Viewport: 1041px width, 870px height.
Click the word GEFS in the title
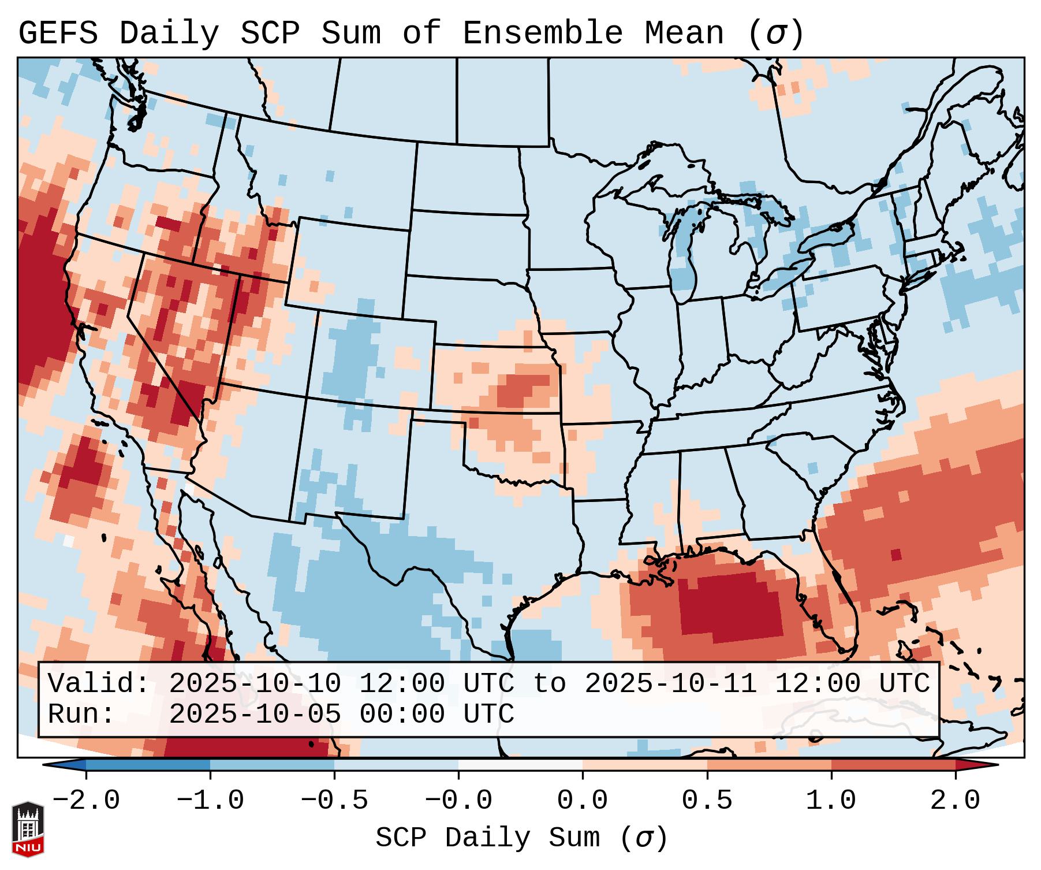[58, 34]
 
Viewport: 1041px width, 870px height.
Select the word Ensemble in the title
[542, 34]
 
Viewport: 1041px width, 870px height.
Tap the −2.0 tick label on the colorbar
[86, 801]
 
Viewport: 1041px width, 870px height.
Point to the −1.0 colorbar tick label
[210, 801]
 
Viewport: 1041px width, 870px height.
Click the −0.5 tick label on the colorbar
[334, 801]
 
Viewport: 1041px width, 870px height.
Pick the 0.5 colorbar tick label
[707, 801]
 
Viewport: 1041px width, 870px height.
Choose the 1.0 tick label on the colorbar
[831, 801]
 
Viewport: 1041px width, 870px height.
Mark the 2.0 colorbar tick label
[955, 801]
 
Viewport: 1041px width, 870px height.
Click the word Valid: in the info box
[98, 684]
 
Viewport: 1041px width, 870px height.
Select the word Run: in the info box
[81, 715]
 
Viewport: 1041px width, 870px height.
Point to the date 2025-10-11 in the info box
[670, 684]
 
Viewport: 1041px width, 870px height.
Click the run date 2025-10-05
[255, 715]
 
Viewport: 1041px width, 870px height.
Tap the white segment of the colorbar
[520, 765]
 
